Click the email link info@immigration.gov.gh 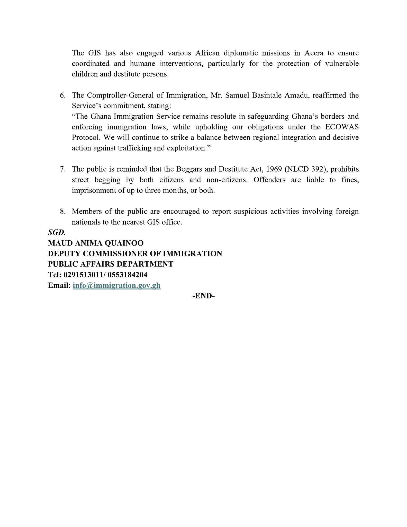pos(116,285)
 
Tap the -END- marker pos(203,296)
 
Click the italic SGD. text pos(57,232)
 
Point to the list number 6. pos(62,95)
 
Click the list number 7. pos(62,169)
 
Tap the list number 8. pos(62,212)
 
